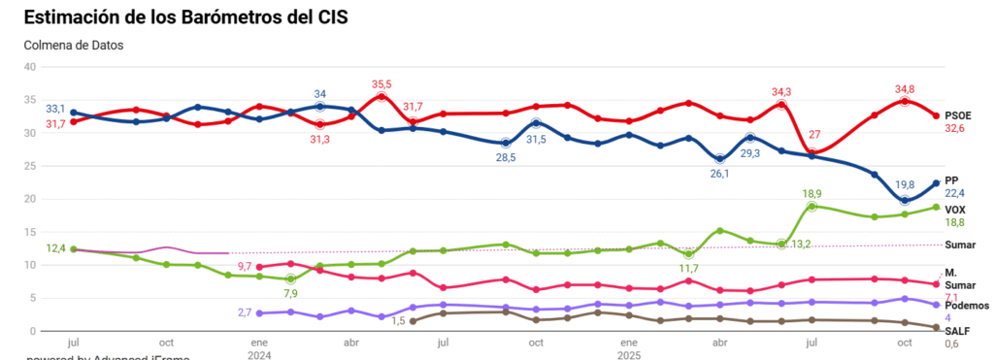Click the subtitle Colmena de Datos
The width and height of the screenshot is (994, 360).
click(73, 45)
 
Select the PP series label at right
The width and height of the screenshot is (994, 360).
click(951, 180)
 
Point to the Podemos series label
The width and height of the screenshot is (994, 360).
click(967, 305)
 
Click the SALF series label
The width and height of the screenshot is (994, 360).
click(958, 331)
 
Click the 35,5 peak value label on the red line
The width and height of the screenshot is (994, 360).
click(381, 84)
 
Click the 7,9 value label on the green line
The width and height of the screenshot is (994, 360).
click(290, 293)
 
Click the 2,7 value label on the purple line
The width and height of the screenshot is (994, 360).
click(246, 312)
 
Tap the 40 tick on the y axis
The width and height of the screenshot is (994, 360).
click(29, 67)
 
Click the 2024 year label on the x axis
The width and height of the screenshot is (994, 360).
click(259, 355)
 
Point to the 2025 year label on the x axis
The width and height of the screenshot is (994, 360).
click(628, 355)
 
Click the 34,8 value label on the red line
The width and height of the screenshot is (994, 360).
click(904, 89)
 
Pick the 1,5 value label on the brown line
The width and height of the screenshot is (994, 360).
click(397, 321)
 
